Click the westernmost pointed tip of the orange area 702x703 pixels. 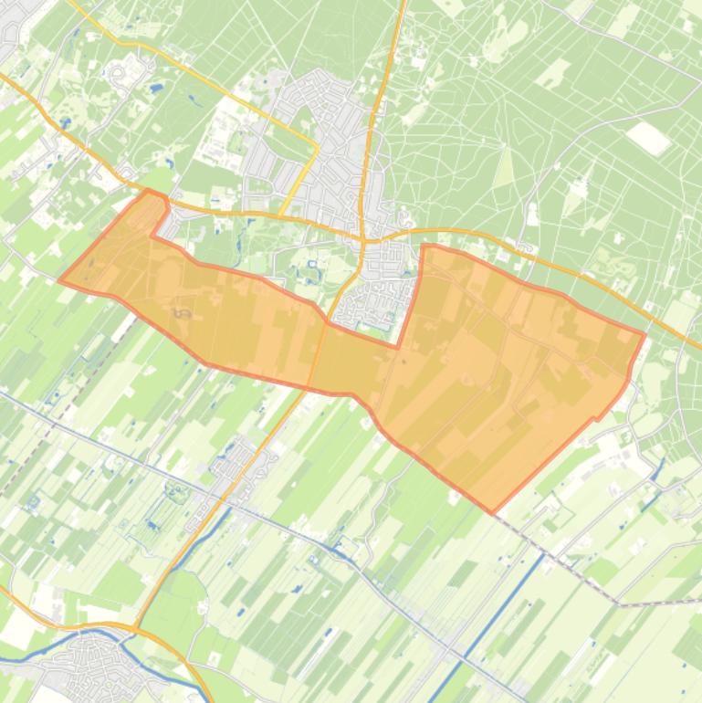click(x=60, y=280)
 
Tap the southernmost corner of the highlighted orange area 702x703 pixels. click(x=493, y=512)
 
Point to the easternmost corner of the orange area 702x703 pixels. click(x=644, y=334)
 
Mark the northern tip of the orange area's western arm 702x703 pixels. click(x=149, y=191)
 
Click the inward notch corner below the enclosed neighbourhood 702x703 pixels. click(x=398, y=347)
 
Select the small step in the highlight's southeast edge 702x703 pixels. click(x=597, y=417)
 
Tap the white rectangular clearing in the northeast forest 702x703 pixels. click(x=648, y=137)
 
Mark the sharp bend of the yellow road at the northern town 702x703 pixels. click(x=317, y=143)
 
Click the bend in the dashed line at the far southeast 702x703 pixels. click(x=619, y=603)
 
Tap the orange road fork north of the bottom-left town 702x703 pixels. click(x=135, y=627)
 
